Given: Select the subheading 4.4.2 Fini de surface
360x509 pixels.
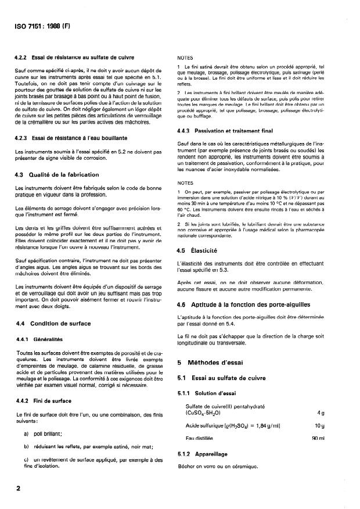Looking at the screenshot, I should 48,400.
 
